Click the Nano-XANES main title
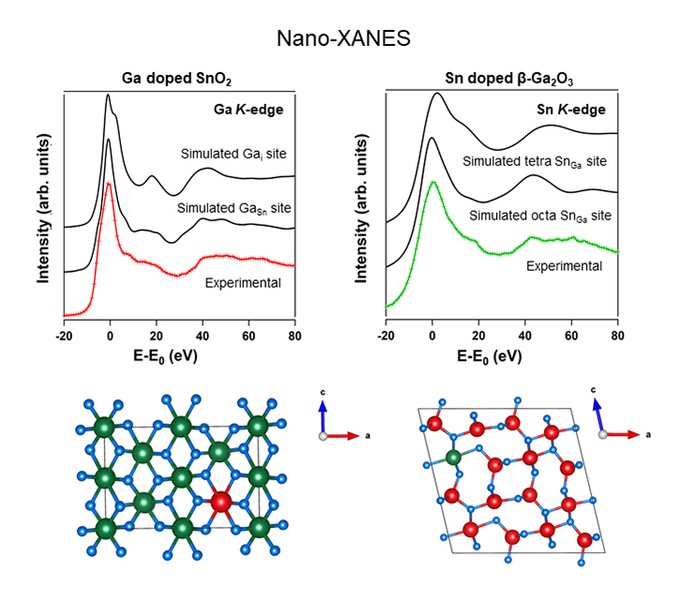(347, 39)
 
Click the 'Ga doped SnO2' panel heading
(179, 80)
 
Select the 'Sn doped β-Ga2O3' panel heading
(501, 80)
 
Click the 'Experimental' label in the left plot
(243, 280)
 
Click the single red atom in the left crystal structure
(220, 503)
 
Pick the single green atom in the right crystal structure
(454, 458)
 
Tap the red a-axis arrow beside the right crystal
(626, 434)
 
